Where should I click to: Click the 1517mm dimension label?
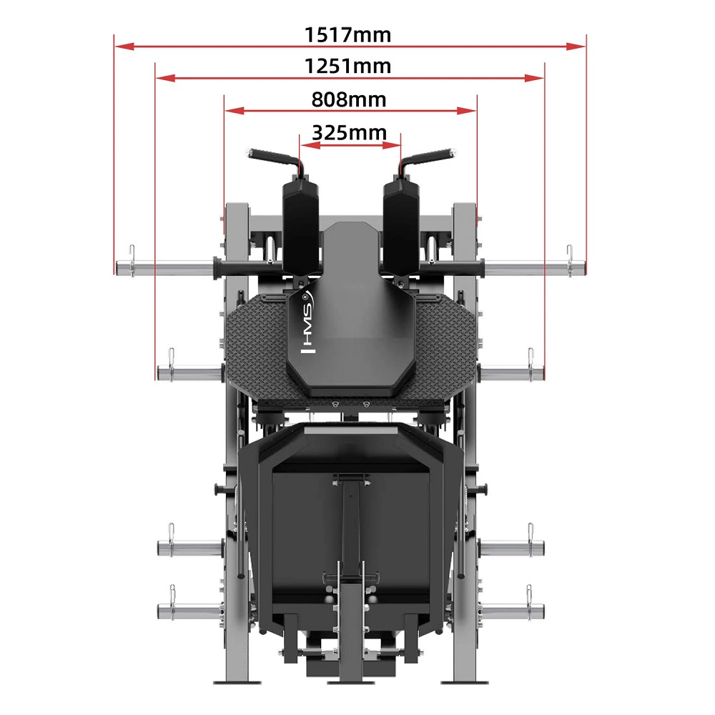(x=348, y=34)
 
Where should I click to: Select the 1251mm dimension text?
(x=348, y=66)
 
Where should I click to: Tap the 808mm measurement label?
(x=349, y=99)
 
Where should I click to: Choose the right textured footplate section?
(x=440, y=350)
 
